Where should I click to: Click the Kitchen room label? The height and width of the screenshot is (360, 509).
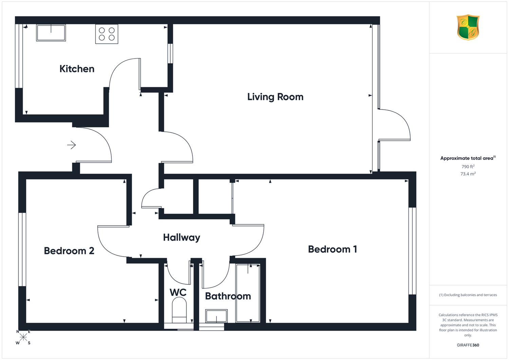77,69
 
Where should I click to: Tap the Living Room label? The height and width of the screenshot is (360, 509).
275,97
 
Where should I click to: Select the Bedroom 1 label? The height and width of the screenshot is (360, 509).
333,249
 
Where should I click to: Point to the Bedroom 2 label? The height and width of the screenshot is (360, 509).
69,251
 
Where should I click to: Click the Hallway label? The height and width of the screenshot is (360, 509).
182,238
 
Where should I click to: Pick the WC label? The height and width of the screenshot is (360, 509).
178,292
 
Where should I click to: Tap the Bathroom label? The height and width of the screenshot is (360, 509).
228,296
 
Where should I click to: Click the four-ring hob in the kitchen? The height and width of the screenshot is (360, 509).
107,34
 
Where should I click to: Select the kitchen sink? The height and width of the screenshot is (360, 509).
51,33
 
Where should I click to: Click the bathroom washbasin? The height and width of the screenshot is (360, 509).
216,316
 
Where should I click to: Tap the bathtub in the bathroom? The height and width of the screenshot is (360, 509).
248,293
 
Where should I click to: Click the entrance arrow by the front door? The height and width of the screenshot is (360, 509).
71,145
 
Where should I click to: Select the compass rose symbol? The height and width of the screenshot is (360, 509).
23,337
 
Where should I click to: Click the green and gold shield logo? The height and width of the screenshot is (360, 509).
468,28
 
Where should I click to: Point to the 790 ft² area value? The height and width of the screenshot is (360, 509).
468,166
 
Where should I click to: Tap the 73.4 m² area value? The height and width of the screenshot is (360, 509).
468,174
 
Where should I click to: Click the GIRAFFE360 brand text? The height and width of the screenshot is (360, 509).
468,345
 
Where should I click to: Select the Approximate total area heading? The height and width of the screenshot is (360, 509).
468,158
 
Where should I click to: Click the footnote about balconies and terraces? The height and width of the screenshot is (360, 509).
468,295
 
